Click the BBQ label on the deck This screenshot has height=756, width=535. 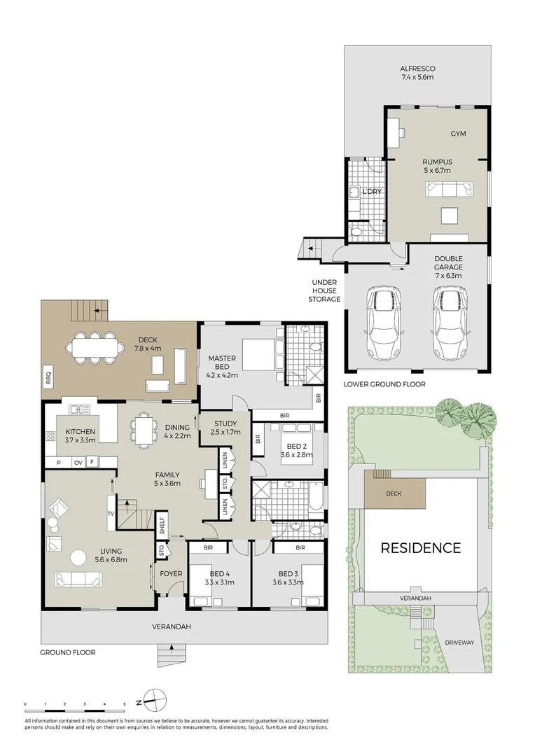tap(49, 372)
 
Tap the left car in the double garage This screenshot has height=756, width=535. tap(383, 323)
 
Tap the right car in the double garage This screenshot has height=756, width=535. tap(448, 323)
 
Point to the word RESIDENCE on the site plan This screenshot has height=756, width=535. tap(420, 548)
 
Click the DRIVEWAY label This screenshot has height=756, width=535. tap(459, 642)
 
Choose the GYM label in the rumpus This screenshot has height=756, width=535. tap(458, 134)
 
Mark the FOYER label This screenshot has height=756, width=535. tap(171, 574)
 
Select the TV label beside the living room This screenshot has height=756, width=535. tap(110, 513)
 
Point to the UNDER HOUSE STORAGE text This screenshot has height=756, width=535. tap(324, 290)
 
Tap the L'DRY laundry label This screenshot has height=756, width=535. tap(371, 191)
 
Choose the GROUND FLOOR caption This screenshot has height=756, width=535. tap(68, 652)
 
